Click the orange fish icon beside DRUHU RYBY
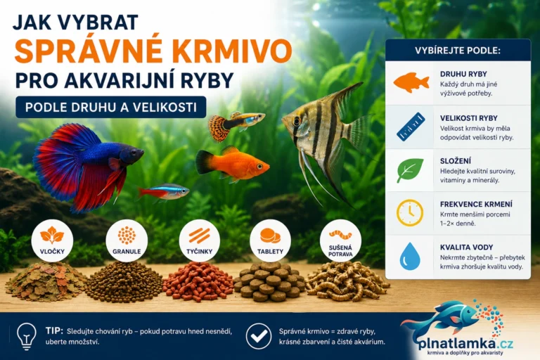[x=411, y=83]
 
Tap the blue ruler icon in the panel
[x=411, y=127]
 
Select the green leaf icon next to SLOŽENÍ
[x=410, y=170]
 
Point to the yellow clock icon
[x=410, y=212]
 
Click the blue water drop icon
[x=410, y=256]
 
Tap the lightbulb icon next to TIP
[x=27, y=336]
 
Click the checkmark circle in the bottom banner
[x=258, y=336]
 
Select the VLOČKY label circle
[x=52, y=240]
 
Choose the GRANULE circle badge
[x=127, y=240]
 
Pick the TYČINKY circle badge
[x=200, y=240]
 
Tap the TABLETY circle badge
[x=270, y=240]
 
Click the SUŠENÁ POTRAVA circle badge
[x=340, y=240]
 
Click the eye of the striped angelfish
[x=296, y=120]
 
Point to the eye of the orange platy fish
[x=259, y=167]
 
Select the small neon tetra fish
[x=164, y=192]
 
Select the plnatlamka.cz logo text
[x=465, y=343]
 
